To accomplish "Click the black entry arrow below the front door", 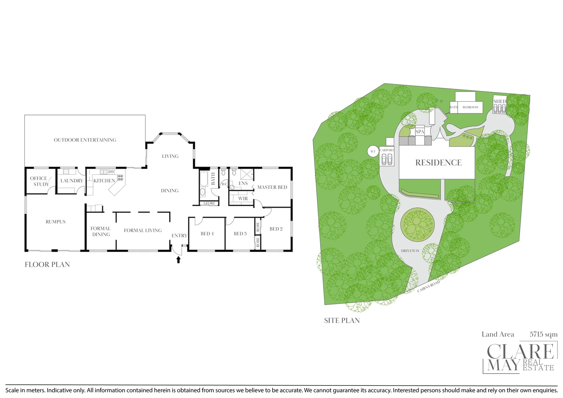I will click(x=179, y=260).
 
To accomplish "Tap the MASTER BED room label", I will click(x=272, y=187).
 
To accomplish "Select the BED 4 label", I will click(x=207, y=234).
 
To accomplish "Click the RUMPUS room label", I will click(x=56, y=222).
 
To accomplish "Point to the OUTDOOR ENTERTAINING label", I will click(x=85, y=140).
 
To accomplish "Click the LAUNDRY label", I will click(x=71, y=181).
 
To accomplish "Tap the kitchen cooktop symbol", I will click(x=120, y=178).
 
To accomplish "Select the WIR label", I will click(x=243, y=199).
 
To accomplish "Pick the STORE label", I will click(x=209, y=203).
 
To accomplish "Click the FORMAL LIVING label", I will click(x=143, y=231).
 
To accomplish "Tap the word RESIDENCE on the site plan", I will click(x=438, y=163).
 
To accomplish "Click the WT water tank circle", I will click(x=373, y=151).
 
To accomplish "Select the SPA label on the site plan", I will click(x=420, y=132).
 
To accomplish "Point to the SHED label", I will click(x=500, y=101).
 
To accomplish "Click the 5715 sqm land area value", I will click(x=543, y=335).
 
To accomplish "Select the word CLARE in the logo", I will click(x=520, y=352).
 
